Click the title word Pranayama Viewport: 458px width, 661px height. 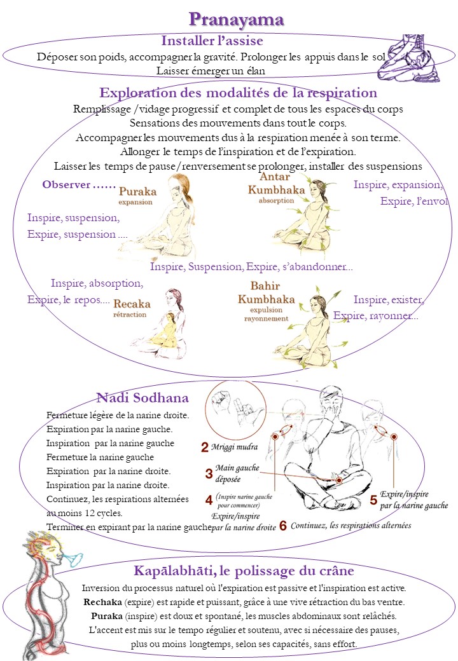click(236, 20)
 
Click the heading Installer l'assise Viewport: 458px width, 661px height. click(212, 41)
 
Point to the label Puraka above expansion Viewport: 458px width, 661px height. click(137, 191)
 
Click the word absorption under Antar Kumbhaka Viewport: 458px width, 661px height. click(276, 201)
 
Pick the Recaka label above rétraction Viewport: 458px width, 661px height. click(132, 304)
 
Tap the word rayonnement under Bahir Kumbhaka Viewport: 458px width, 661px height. click(266, 318)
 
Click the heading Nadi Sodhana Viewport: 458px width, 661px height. click(142, 398)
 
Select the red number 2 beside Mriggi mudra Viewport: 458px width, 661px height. click(205, 447)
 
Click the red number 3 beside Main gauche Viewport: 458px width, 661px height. click(209, 474)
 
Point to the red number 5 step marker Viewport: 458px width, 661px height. click(373, 500)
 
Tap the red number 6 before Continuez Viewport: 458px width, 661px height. click(283, 526)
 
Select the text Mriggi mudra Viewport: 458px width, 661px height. click(235, 447)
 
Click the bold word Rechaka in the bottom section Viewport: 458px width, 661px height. click(102, 602)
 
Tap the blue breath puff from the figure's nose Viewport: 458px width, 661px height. click(74, 559)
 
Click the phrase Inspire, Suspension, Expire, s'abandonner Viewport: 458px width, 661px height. click(251, 267)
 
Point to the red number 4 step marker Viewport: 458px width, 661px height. click(209, 500)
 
